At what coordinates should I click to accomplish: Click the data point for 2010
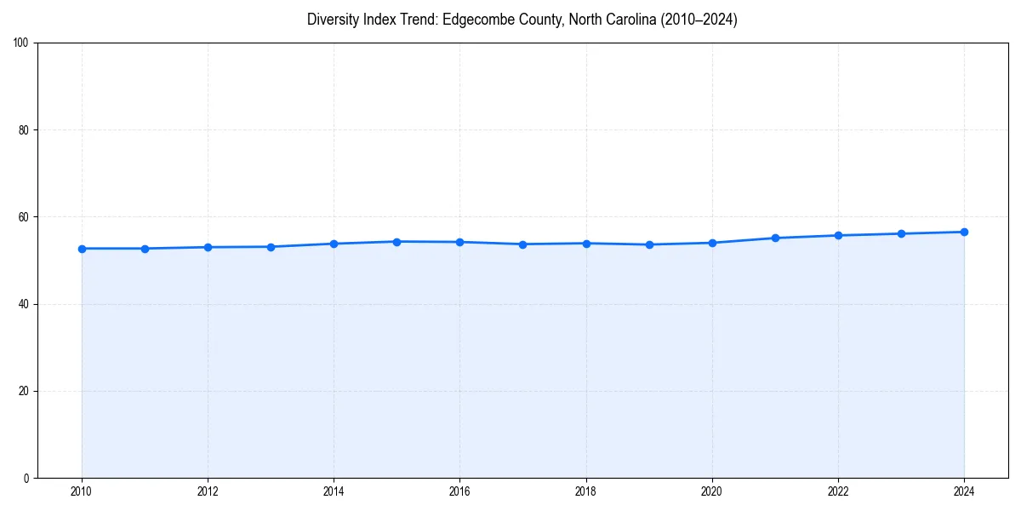82,249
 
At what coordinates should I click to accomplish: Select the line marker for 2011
145,249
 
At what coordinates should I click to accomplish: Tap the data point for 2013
271,247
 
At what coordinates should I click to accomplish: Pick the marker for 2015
396,242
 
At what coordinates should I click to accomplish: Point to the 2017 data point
522,244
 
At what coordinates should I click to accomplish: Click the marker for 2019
649,244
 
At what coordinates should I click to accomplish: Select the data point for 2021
775,238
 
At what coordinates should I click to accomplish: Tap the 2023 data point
901,233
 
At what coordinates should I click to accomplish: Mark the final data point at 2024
964,232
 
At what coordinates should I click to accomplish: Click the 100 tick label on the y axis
22,43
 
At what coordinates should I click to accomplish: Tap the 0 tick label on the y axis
27,478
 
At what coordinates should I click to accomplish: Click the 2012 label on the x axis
208,491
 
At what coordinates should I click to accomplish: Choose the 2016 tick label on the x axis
459,491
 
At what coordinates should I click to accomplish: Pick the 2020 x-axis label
712,491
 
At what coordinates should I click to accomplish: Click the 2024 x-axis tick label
964,491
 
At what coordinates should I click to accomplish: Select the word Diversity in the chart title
334,20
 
